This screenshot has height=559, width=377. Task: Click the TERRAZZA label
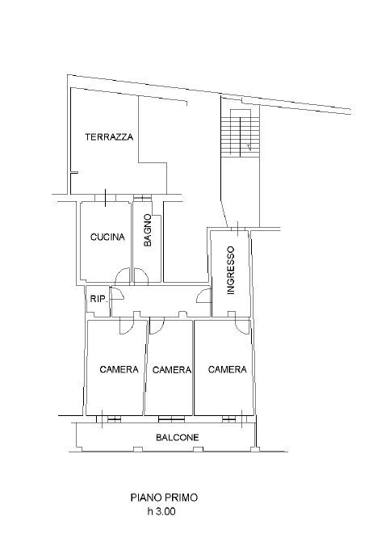click(x=109, y=137)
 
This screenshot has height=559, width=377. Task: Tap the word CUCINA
click(x=107, y=237)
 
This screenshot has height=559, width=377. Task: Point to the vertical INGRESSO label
click(x=231, y=269)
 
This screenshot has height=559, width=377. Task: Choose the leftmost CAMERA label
click(x=119, y=369)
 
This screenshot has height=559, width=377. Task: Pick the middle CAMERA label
click(x=171, y=369)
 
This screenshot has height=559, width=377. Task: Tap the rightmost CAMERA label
click(x=227, y=369)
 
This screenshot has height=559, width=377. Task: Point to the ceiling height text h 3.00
click(x=161, y=511)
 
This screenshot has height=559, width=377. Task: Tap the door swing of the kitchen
click(x=120, y=275)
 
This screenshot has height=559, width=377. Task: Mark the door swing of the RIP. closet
click(x=114, y=295)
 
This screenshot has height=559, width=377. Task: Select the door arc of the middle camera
click(x=157, y=325)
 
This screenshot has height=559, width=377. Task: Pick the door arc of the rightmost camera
click(x=240, y=325)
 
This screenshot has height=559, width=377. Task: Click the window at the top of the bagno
click(x=142, y=198)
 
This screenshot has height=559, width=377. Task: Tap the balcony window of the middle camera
click(x=170, y=418)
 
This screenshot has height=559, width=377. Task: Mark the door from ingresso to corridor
click(x=203, y=296)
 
